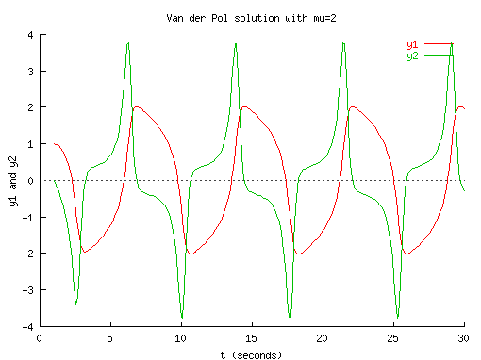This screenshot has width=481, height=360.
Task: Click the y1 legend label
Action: pyautogui.click(x=412, y=44)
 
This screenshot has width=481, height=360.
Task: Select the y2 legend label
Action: pyautogui.click(x=412, y=56)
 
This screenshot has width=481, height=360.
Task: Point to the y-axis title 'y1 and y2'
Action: pyautogui.click(x=13, y=180)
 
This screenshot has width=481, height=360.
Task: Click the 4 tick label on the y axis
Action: pyautogui.click(x=30, y=35)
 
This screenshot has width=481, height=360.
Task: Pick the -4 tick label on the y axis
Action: pyautogui.click(x=28, y=326)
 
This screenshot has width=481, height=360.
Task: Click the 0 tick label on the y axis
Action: pyautogui.click(x=30, y=180)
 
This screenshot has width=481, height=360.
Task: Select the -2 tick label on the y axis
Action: pyautogui.click(x=28, y=254)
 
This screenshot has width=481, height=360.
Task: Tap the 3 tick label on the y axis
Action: pyautogui.click(x=30, y=72)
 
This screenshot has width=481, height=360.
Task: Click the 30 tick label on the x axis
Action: pyautogui.click(x=463, y=337)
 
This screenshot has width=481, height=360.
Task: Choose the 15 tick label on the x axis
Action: pyautogui.click(x=251, y=337)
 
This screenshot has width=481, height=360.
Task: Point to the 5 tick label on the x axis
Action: pyautogui.click(x=110, y=337)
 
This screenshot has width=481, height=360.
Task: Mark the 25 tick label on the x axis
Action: pyautogui.click(x=392, y=337)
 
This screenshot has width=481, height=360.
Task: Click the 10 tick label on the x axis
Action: pyautogui.click(x=180, y=337)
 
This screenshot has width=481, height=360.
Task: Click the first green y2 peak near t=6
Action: pyautogui.click(x=127, y=43)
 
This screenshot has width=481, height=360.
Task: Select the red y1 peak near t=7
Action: pyautogui.click(x=137, y=106)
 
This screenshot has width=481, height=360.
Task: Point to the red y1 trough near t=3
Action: pyautogui.click(x=84, y=253)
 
